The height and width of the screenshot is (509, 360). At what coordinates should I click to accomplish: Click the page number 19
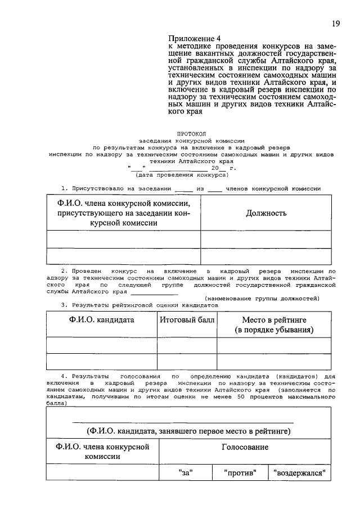coord(335,23)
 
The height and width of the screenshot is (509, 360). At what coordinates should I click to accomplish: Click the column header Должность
coord(266,213)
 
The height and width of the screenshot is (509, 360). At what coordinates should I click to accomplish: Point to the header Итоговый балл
coord(187,319)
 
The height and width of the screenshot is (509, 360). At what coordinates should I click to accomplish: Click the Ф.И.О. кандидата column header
coord(102,319)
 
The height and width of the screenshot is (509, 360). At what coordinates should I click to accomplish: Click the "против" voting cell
coord(240,473)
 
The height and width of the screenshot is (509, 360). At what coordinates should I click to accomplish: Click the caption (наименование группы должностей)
coord(262,298)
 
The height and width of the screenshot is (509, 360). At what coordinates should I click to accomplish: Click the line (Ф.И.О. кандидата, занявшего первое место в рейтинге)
coord(188,431)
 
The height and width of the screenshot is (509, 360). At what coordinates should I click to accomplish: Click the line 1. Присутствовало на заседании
coord(191,188)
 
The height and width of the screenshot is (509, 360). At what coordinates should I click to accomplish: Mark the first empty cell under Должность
coord(266,239)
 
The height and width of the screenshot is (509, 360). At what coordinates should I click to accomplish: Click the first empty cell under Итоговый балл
coord(187,345)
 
